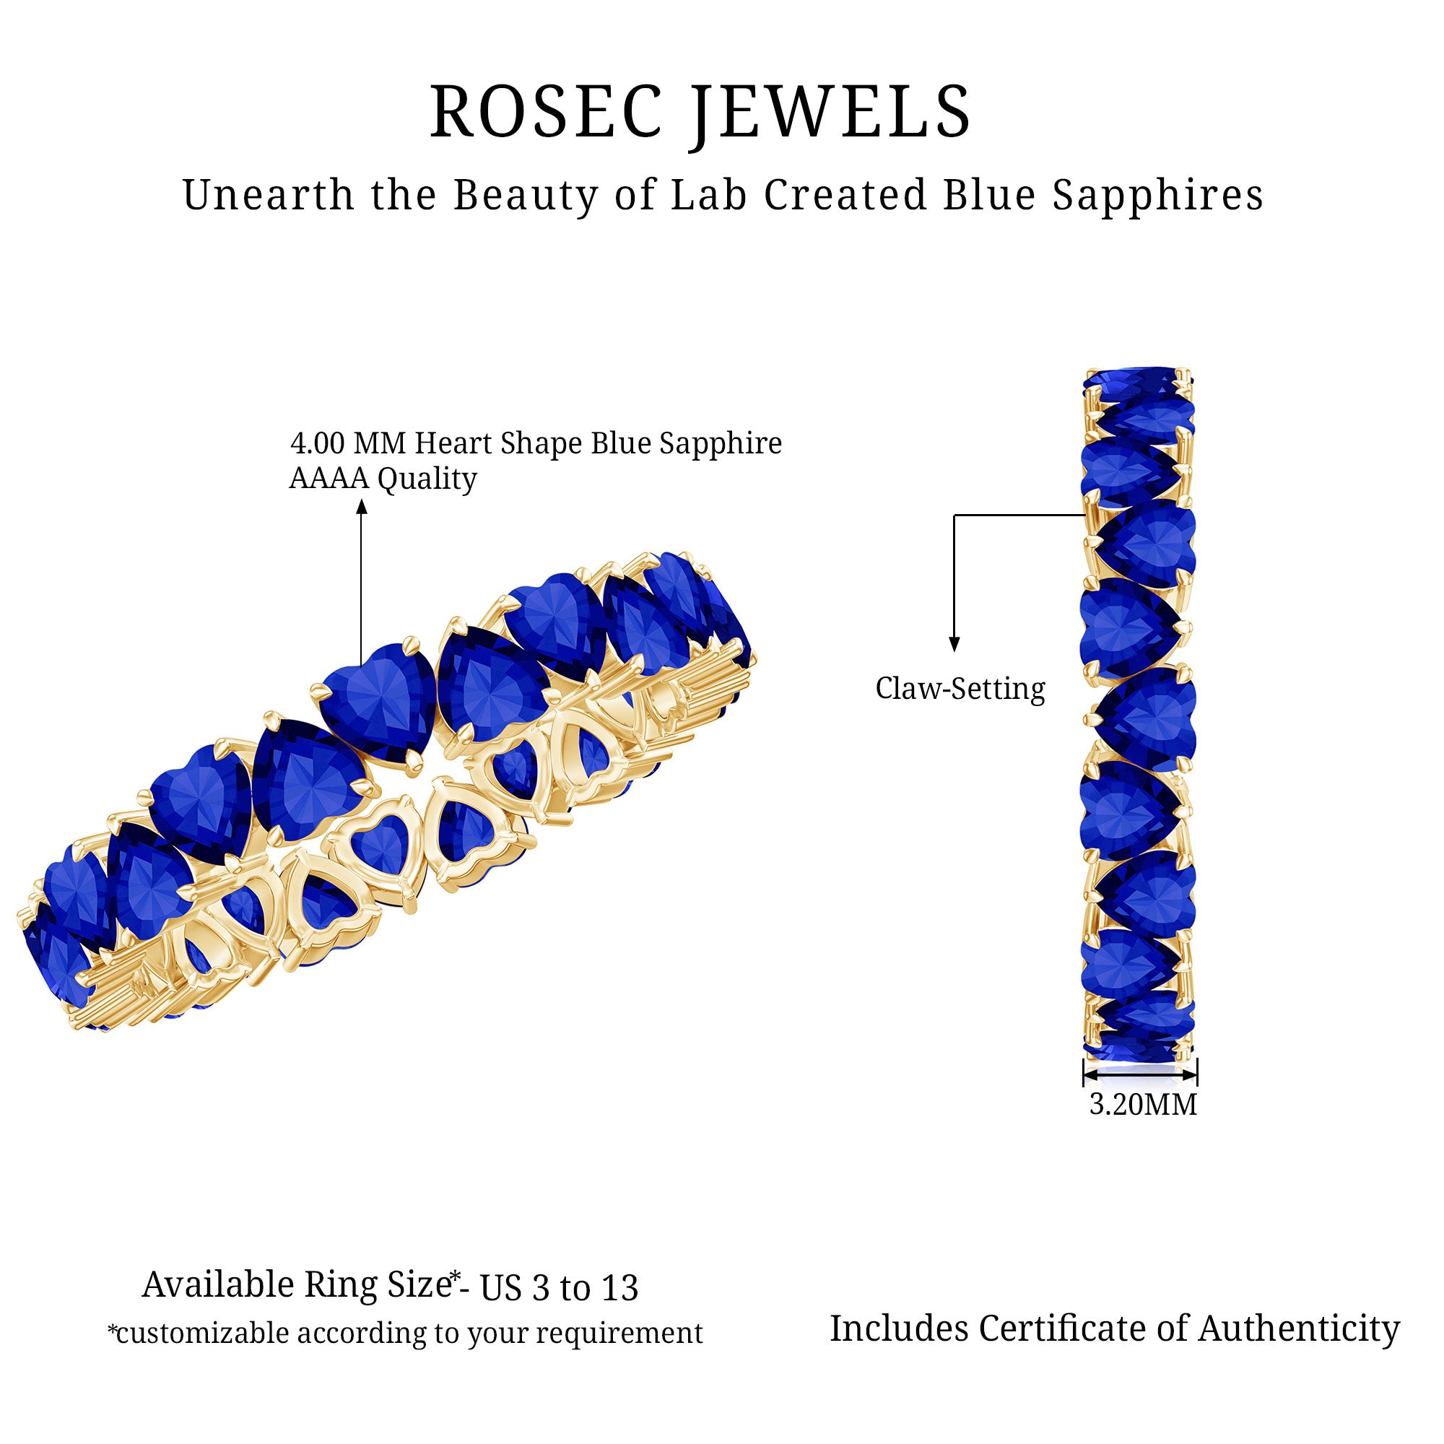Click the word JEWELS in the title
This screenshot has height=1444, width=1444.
(x=830, y=112)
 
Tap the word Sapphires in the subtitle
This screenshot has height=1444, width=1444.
(x=1158, y=196)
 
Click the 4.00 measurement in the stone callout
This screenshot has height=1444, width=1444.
(x=317, y=443)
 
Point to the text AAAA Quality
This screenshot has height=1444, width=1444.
(x=383, y=479)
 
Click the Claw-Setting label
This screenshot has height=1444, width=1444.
(x=960, y=688)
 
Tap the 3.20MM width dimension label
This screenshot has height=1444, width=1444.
(x=1143, y=1104)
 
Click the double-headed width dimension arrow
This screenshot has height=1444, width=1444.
(x=1140, y=1075)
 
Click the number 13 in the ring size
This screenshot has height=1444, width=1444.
(x=617, y=1287)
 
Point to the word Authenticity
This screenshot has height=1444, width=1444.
(x=1299, y=1329)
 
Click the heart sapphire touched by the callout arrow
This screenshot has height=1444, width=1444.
(x=378, y=699)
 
